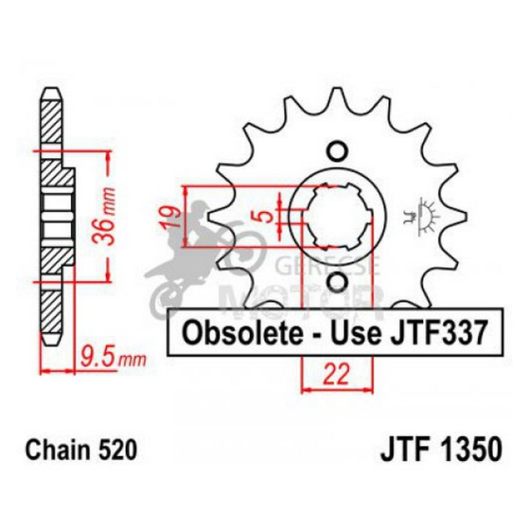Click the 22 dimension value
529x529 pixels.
point(336,375)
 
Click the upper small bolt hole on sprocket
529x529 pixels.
point(336,150)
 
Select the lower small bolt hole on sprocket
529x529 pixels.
point(336,282)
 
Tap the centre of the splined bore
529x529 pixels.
point(336,216)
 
